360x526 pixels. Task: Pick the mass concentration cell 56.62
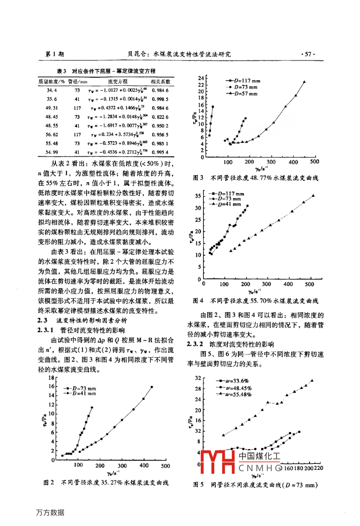52,135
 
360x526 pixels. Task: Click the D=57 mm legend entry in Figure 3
243,94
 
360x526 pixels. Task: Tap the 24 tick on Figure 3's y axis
201,78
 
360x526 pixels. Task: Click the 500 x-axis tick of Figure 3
314,162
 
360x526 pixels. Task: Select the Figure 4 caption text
256,301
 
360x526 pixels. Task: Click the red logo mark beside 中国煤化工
219,462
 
